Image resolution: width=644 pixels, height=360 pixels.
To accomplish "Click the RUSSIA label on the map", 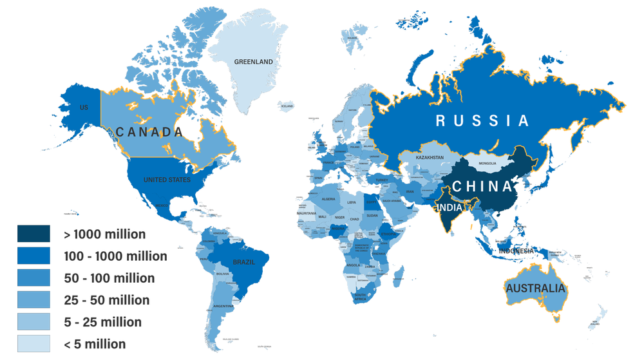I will pyautogui.click(x=482, y=120).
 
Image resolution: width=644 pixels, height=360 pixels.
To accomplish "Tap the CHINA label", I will pyautogui.click(x=482, y=186).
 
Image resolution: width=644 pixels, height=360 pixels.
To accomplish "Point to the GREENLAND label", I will pyautogui.click(x=253, y=62).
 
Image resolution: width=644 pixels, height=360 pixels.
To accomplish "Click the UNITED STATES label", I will pyautogui.click(x=167, y=180).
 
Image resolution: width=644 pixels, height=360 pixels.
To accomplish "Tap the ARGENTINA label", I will pyautogui.click(x=223, y=306).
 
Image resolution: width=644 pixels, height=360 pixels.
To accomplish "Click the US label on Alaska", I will pyautogui.click(x=84, y=107).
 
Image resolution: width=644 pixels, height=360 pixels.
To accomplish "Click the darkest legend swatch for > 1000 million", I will pyautogui.click(x=33, y=234).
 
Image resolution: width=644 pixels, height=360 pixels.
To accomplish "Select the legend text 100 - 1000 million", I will pyautogui.click(x=115, y=256).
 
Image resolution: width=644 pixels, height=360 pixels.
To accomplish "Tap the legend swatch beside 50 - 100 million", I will pyautogui.click(x=33, y=278).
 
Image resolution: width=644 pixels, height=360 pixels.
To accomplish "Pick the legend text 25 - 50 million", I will pyautogui.click(x=106, y=300).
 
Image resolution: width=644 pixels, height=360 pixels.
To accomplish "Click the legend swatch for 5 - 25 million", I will pyautogui.click(x=33, y=322).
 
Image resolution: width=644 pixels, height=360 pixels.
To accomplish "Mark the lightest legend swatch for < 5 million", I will pyautogui.click(x=33, y=344).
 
